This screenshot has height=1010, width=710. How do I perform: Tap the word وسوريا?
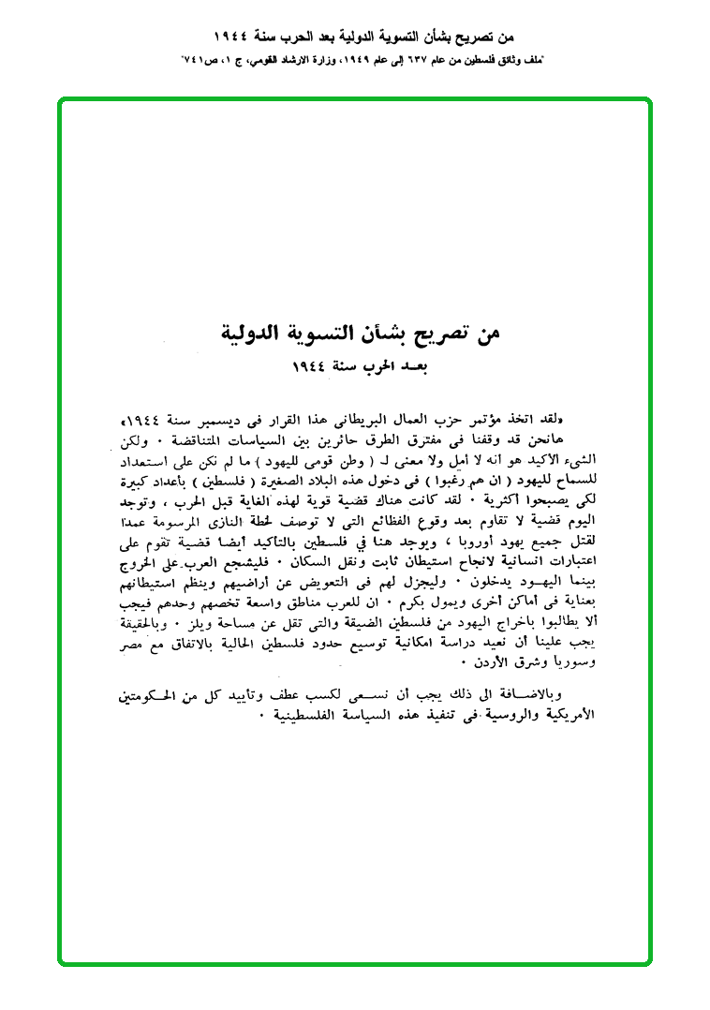pos(148,642)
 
